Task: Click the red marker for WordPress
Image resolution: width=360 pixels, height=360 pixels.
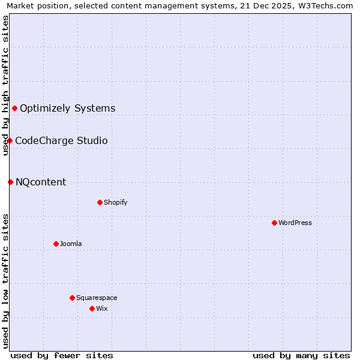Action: click(274, 223)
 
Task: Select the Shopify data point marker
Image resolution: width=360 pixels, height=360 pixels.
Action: click(100, 202)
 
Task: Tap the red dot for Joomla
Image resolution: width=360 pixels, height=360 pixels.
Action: click(56, 244)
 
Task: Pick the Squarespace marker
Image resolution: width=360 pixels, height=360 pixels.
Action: click(72, 298)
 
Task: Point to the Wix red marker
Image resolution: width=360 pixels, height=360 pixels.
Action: click(92, 308)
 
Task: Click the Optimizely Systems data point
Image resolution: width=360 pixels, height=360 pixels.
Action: click(14, 108)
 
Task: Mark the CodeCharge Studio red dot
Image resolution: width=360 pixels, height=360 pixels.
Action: click(10, 140)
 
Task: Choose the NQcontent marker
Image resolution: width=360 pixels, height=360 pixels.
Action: click(10, 182)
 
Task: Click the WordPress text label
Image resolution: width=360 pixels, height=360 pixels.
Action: click(295, 223)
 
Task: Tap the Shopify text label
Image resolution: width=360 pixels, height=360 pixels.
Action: click(116, 202)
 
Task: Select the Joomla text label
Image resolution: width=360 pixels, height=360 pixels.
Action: click(71, 244)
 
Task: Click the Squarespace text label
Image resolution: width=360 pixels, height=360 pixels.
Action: click(97, 298)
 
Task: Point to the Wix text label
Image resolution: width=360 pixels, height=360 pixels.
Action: click(101, 308)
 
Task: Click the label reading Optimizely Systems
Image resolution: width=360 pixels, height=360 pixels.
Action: click(68, 108)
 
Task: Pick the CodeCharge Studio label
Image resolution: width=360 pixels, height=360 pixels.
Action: click(61, 140)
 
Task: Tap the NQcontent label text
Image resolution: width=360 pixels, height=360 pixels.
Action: click(41, 182)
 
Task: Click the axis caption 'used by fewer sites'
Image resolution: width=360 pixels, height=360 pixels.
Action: click(62, 355)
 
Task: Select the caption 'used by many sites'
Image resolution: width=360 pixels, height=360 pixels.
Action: click(301, 355)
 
